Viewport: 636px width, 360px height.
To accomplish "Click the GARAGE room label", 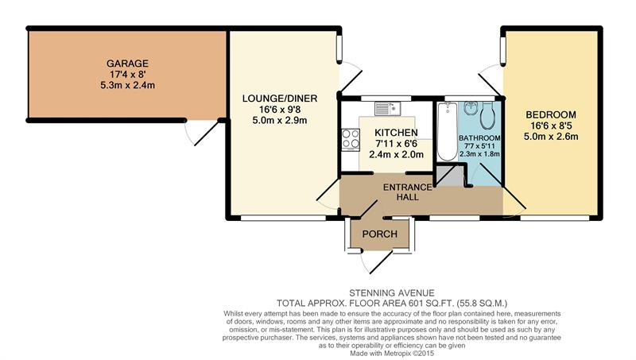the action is click(127, 64).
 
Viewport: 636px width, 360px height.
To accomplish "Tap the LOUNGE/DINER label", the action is click(280, 98).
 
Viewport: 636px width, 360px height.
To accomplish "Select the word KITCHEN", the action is click(396, 133).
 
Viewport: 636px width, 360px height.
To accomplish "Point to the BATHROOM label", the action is click(479, 137).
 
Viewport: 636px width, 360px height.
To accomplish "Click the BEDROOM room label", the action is click(551, 114).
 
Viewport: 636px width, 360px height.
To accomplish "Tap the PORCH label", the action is click(380, 234).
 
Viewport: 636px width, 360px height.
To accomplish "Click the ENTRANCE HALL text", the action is click(408, 192).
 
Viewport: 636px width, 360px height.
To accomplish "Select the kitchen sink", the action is click(388, 108).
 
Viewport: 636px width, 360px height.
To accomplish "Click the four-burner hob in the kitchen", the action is click(351, 139).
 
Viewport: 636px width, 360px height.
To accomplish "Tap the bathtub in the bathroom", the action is click(448, 131).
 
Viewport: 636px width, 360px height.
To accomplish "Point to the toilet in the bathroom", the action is click(487, 115).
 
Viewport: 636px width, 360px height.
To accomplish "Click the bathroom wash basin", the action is click(470, 109).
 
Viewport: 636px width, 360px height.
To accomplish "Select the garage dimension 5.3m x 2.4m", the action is click(127, 85).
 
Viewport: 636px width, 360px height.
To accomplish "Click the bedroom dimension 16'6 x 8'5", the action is click(551, 126).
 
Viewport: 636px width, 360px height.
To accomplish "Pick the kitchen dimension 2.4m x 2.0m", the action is click(396, 154).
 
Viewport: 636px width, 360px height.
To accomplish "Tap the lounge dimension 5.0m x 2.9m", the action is click(280, 121).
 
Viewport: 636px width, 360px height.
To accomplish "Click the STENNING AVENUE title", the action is click(392, 292).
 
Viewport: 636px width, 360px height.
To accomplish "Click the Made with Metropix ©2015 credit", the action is click(392, 354).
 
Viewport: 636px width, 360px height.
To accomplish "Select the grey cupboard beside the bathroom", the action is click(449, 176).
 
